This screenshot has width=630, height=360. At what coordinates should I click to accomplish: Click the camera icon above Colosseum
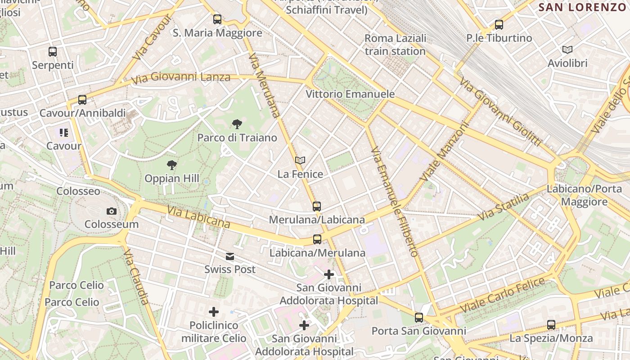click(112, 211)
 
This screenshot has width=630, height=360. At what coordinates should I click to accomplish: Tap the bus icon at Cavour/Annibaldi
click(82, 100)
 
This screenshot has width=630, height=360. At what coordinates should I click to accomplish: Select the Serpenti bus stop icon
click(53, 52)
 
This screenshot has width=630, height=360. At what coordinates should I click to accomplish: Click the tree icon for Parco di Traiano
click(237, 124)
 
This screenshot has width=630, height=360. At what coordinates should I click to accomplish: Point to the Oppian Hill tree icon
click(171, 165)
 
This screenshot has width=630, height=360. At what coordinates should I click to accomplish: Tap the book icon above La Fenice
click(300, 160)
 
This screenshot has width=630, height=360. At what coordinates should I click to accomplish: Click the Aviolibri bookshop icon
click(567, 49)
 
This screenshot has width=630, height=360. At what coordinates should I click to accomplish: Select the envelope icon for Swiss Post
click(230, 256)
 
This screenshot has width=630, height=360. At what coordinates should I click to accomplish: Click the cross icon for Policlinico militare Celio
click(214, 311)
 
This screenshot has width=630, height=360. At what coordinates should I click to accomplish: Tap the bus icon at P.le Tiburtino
click(499, 25)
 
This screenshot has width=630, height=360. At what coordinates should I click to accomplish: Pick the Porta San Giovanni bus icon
click(419, 318)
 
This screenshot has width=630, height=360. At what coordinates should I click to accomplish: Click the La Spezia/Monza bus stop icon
click(551, 324)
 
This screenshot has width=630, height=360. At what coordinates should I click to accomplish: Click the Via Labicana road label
click(198, 217)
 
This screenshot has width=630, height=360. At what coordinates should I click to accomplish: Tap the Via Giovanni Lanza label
click(181, 78)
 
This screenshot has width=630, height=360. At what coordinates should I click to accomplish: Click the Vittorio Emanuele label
click(350, 94)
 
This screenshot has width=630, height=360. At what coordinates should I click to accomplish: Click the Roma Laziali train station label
click(395, 45)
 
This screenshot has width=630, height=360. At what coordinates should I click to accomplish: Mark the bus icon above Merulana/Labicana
click(317, 207)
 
